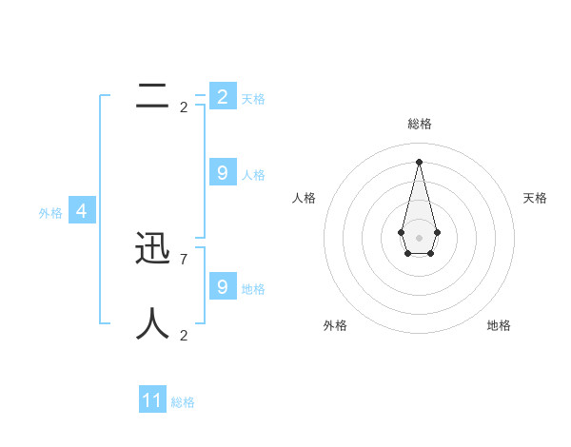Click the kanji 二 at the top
[x=153, y=96]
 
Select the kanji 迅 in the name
[x=153, y=248]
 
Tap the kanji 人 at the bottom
[x=153, y=324]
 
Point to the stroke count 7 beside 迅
[x=184, y=259]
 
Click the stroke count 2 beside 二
[x=184, y=107]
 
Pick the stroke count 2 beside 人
[x=184, y=335]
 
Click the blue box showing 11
[x=152, y=400]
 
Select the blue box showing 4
[x=82, y=211]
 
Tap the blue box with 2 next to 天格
[x=223, y=96]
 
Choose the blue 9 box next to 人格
[x=223, y=172]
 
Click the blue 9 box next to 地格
[x=223, y=286]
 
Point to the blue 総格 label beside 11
[x=183, y=402]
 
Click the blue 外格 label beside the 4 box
[x=50, y=213]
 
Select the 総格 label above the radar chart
[x=420, y=124]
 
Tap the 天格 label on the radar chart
[x=536, y=198]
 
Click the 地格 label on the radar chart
[x=499, y=325]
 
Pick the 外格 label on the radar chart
[x=335, y=325]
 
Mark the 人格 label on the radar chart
[x=304, y=198]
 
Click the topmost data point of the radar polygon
[x=419, y=161]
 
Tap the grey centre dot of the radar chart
[x=419, y=237]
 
